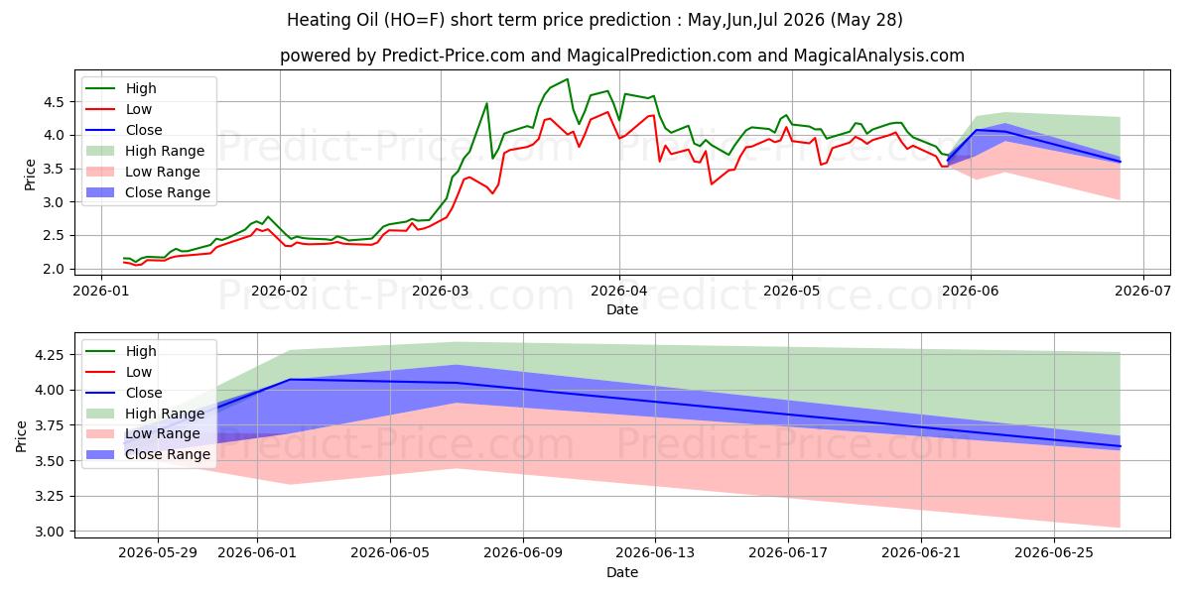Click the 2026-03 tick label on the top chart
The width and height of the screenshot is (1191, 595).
click(x=441, y=292)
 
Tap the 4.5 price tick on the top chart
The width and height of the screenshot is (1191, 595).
click(x=54, y=102)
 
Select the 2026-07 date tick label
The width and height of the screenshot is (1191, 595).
click(x=1142, y=292)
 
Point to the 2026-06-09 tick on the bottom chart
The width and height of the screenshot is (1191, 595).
click(x=523, y=553)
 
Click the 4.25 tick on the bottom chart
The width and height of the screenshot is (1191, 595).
click(x=50, y=355)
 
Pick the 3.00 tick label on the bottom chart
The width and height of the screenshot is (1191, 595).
click(x=50, y=532)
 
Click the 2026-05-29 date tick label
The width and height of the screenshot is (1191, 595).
click(x=158, y=553)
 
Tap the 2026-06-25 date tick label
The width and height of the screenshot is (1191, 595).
click(x=1054, y=553)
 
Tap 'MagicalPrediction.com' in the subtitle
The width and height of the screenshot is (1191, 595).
click(x=659, y=56)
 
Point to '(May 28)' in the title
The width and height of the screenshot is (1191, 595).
click(x=866, y=20)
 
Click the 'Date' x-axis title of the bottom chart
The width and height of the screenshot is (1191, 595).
click(x=622, y=573)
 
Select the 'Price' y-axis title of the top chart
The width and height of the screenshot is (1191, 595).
click(x=30, y=175)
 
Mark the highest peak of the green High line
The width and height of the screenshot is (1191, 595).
click(x=568, y=79)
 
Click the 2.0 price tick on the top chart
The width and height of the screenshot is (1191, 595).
click(x=54, y=269)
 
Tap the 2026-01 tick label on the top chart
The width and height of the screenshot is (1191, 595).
click(x=101, y=292)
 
